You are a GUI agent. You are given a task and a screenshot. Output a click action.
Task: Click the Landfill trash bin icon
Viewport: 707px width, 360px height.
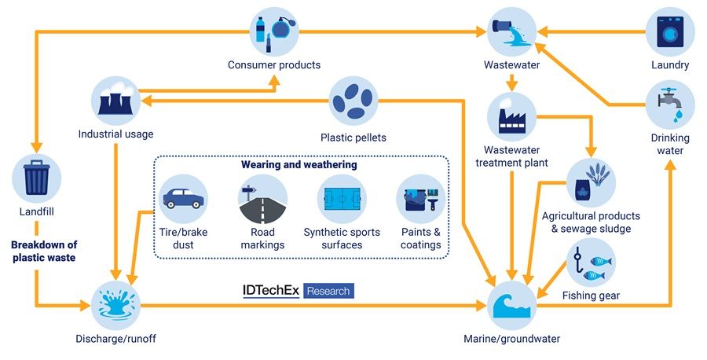click(37, 177)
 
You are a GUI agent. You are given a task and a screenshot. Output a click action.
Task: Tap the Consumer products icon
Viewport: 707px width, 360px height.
click(273, 31)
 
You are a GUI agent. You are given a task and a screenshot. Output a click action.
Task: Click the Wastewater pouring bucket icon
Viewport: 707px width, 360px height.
click(511, 31)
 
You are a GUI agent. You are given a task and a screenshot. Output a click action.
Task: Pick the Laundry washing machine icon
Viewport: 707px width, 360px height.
click(670, 31)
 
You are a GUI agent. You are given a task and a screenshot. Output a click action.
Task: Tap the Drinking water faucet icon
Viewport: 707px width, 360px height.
click(670, 104)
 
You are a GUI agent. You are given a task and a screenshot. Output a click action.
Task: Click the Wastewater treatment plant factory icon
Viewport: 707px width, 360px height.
click(511, 116)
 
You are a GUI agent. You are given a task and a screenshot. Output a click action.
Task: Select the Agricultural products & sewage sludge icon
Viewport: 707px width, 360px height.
click(590, 182)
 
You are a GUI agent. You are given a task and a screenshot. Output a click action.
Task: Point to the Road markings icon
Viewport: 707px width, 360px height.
click(262, 199)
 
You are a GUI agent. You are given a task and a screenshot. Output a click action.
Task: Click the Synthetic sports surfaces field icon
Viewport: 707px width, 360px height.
click(342, 199)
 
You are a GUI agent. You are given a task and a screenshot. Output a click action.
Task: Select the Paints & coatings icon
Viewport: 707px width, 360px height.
click(421, 199)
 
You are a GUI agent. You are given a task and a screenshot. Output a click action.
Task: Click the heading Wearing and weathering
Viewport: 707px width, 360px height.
click(299, 166)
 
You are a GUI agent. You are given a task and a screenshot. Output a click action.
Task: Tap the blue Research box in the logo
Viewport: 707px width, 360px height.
click(328, 291)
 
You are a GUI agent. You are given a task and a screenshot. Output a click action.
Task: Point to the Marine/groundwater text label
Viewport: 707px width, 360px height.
click(511, 339)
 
